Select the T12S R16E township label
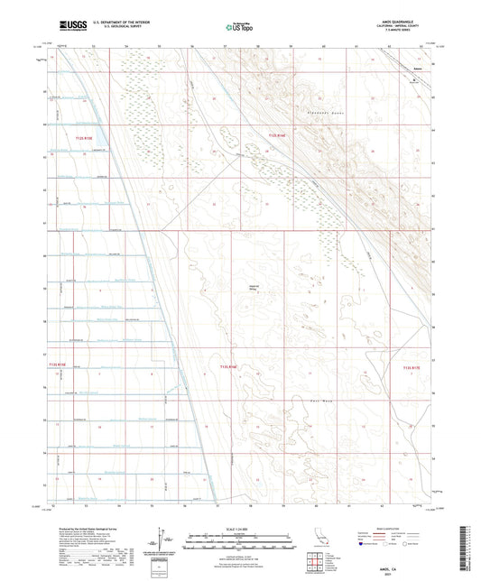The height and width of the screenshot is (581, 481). coord(281,135)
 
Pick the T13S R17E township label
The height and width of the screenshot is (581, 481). coord(411,367)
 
